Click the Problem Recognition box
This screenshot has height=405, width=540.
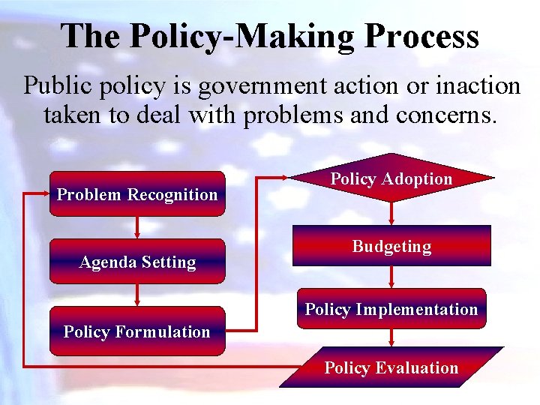(x=137, y=194)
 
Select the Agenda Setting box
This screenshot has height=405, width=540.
(x=137, y=262)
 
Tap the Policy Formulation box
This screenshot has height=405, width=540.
(x=137, y=331)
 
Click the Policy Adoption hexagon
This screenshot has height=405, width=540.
(x=391, y=178)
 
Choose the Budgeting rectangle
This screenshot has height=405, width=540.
(x=391, y=246)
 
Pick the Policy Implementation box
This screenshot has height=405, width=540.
(x=391, y=309)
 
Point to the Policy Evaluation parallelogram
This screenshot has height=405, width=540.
(x=391, y=367)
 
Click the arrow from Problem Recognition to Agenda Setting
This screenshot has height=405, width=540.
(x=137, y=227)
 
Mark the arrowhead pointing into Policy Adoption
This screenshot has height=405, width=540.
(x=286, y=179)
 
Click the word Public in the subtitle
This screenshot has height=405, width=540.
(x=53, y=86)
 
